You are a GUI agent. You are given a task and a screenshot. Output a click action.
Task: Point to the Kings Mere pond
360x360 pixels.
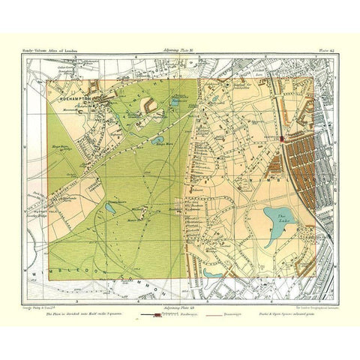coord(159,139)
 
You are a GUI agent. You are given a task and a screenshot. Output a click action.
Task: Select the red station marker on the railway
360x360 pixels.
coord(281,139)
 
